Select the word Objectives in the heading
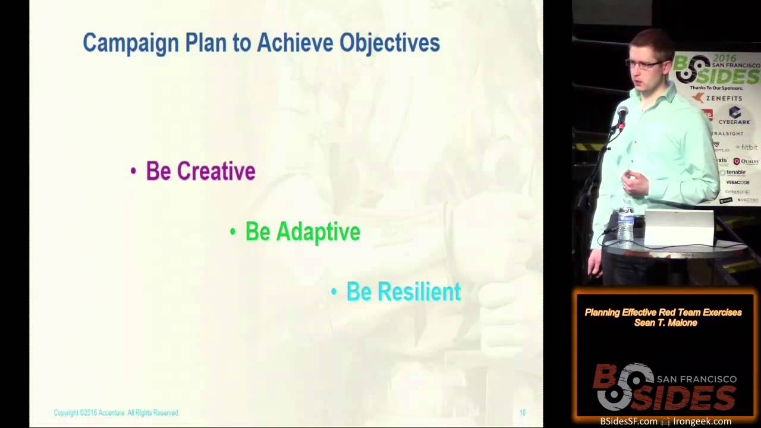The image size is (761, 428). (389, 43)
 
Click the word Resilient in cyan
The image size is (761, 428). (419, 292)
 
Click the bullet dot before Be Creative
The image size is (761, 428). (133, 172)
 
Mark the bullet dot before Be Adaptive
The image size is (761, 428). (232, 232)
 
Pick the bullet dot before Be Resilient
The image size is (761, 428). (334, 292)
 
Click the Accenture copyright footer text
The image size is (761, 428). (116, 413)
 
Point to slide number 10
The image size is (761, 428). (522, 413)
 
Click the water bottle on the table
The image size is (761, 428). (625, 223)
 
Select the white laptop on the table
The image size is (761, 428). (680, 227)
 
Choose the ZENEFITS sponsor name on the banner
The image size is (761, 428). (724, 98)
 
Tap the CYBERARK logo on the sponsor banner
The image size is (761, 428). (734, 115)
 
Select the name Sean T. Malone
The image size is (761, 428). (665, 323)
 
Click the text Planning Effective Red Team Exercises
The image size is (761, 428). (663, 312)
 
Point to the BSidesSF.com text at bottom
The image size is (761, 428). (628, 421)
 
